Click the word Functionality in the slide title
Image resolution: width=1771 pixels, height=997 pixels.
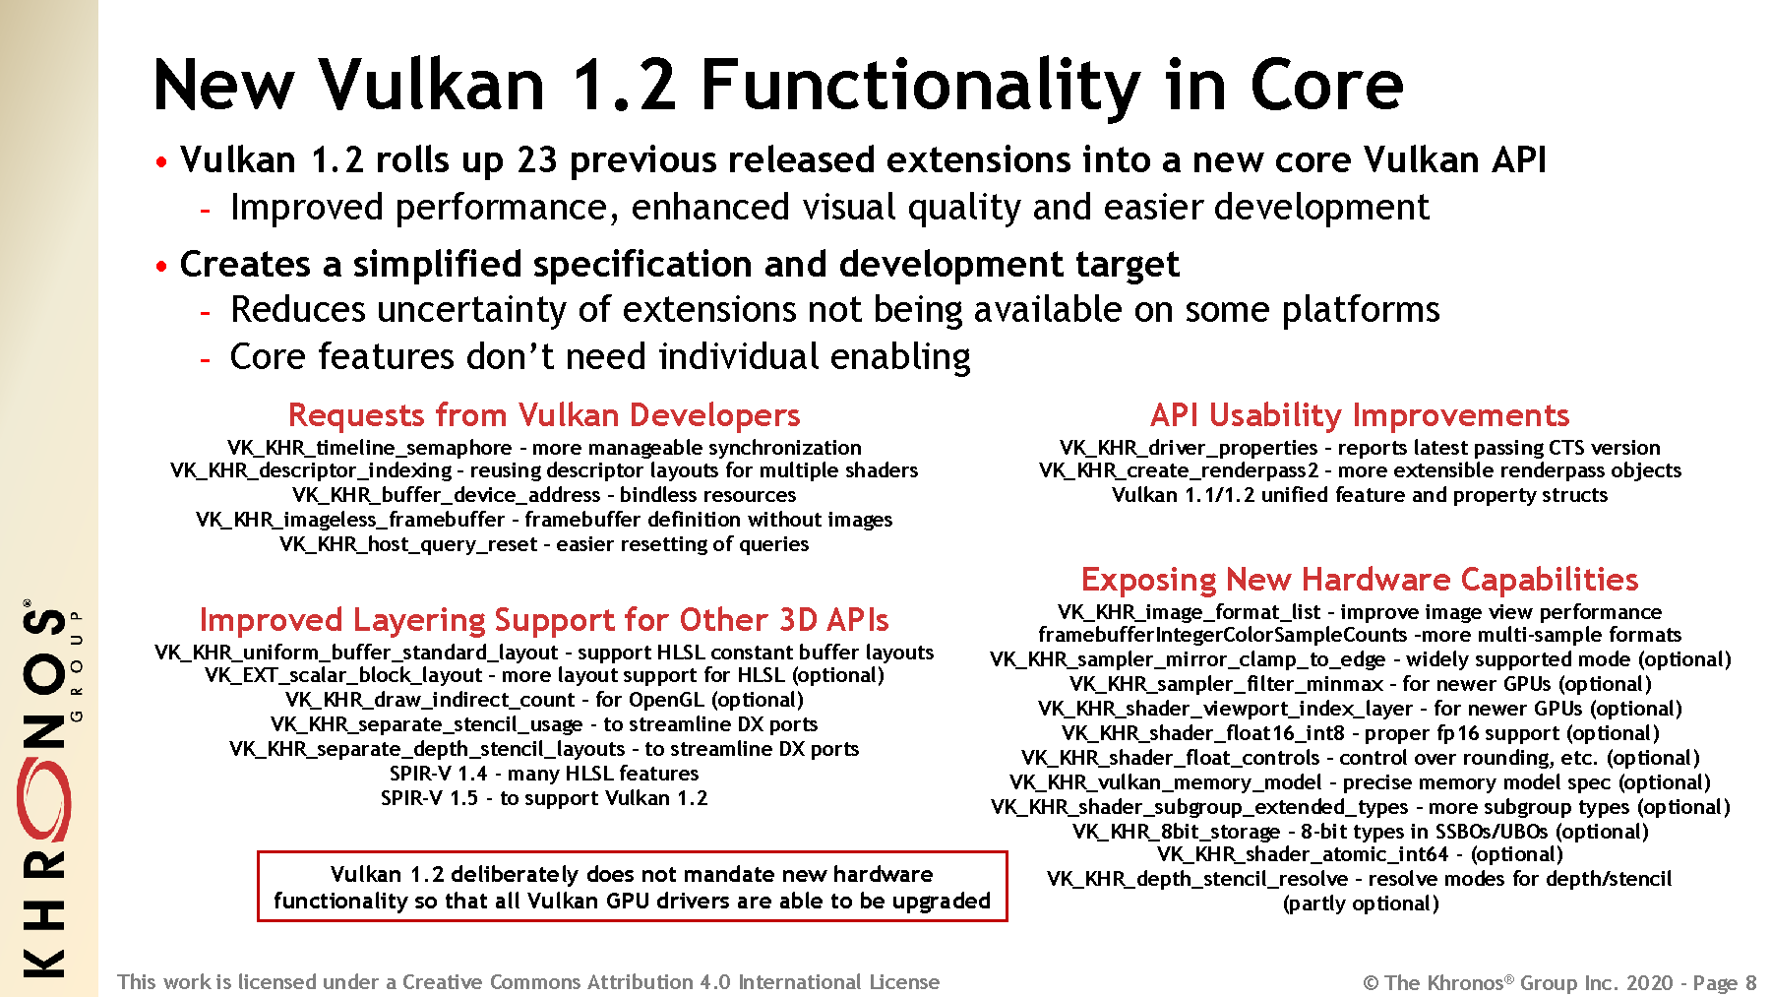click(x=921, y=87)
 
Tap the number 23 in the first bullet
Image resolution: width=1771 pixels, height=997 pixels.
click(x=537, y=159)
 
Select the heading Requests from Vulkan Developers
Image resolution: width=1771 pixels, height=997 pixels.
click(x=544, y=415)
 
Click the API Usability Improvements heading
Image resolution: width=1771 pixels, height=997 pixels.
click(x=1360, y=415)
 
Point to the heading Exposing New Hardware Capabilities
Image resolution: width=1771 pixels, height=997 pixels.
click(x=1360, y=580)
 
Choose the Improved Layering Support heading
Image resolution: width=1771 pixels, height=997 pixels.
click(x=544, y=620)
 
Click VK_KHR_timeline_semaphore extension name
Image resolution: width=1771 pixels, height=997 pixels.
click(x=370, y=448)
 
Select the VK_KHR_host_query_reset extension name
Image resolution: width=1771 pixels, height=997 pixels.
click(x=408, y=544)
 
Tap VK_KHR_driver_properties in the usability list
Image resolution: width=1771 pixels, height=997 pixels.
click(x=1189, y=448)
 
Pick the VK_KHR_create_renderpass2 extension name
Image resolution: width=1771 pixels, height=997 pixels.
click(x=1179, y=470)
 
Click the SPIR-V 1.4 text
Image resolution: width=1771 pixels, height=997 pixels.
click(x=438, y=774)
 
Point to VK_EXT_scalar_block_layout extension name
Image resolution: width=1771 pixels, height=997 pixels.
click(x=343, y=675)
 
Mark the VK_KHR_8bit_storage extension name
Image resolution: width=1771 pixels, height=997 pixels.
click(x=1177, y=832)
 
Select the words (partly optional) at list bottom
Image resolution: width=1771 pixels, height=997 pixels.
click(x=1361, y=904)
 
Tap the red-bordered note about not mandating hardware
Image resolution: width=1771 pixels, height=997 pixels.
click(x=633, y=887)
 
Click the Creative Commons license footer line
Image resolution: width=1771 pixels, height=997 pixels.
click(x=528, y=981)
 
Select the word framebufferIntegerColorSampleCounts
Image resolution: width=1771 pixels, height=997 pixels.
click(x=1223, y=635)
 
